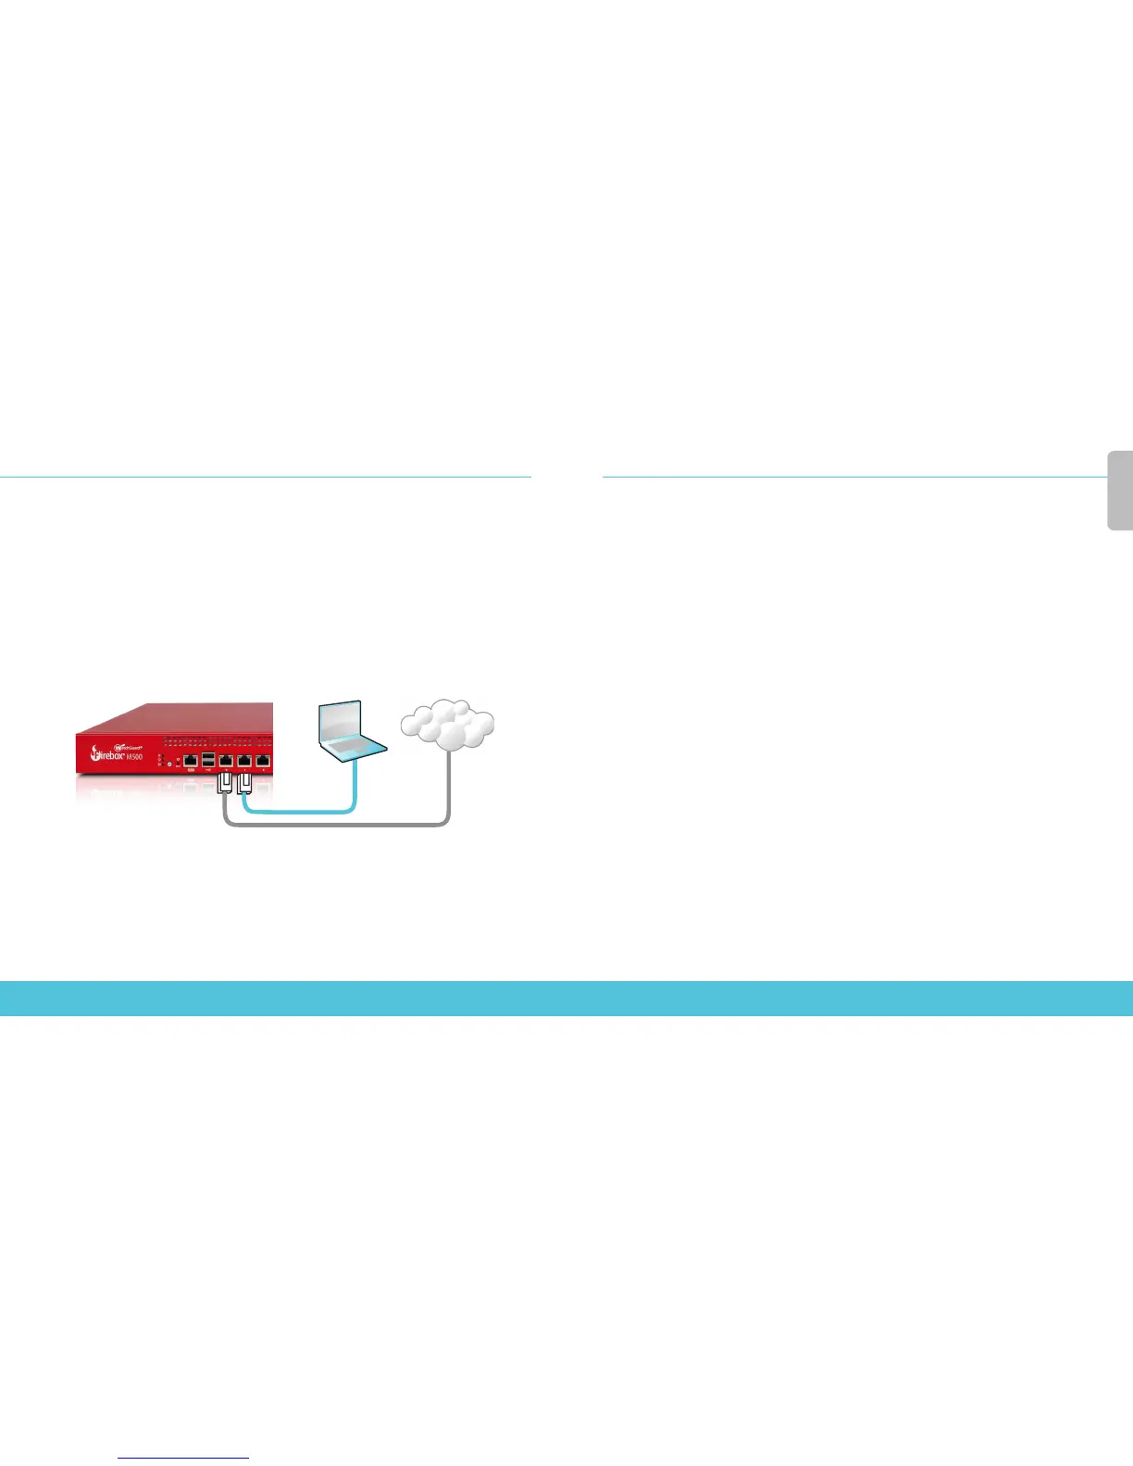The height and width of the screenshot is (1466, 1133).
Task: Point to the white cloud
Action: [447, 726]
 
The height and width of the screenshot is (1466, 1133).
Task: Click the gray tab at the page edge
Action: [1120, 491]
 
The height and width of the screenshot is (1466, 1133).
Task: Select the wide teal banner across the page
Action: [566, 999]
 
